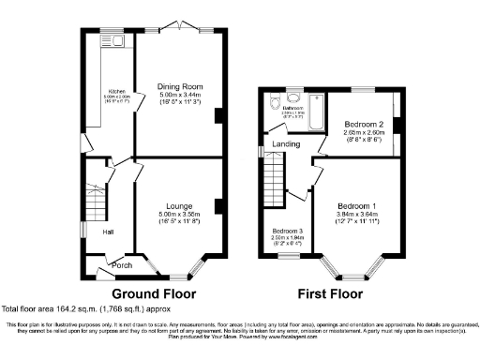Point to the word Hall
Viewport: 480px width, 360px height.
pos(108,232)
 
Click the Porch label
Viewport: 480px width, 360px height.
pos(122,265)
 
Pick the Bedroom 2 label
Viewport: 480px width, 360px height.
pos(364,124)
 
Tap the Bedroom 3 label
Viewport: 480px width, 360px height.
pos(288,231)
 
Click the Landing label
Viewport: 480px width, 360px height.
pos(287,144)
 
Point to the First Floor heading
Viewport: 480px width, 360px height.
pos(332,292)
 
